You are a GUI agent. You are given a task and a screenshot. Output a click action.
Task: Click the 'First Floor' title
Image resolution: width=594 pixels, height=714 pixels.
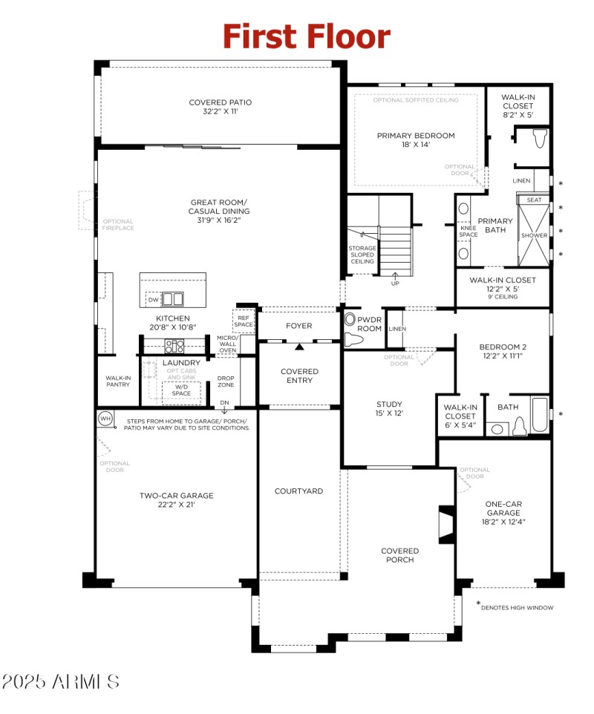pyautogui.click(x=306, y=36)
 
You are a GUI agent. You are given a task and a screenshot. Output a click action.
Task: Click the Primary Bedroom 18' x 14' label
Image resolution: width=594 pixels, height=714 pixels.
pyautogui.click(x=416, y=140)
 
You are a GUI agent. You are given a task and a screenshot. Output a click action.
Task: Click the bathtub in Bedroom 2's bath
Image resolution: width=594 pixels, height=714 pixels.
pyautogui.click(x=540, y=414)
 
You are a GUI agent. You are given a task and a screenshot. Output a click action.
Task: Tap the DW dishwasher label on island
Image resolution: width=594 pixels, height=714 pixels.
pyautogui.click(x=153, y=300)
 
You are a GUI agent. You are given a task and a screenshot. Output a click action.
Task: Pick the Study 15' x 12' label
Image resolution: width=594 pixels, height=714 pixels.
pyautogui.click(x=389, y=409)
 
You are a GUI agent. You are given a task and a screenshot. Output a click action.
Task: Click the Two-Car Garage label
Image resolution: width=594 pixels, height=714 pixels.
pyautogui.click(x=177, y=500)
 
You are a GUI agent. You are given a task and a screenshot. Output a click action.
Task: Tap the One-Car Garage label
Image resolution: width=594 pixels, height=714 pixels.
pyautogui.click(x=503, y=512)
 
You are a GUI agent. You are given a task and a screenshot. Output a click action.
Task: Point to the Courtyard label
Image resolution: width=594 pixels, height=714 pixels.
pyautogui.click(x=298, y=491)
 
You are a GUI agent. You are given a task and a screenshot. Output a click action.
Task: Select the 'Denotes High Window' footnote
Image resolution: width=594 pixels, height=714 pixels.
pyautogui.click(x=517, y=607)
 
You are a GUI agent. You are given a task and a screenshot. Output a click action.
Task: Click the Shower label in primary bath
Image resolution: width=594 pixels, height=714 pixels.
pyautogui.click(x=534, y=236)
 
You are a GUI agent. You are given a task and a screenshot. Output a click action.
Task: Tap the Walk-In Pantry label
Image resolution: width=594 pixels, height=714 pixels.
pyautogui.click(x=118, y=381)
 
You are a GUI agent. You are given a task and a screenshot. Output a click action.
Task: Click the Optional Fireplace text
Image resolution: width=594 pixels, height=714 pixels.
pyautogui.click(x=118, y=225)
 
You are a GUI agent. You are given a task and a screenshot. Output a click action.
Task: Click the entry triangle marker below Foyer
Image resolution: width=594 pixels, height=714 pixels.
pyautogui.click(x=299, y=346)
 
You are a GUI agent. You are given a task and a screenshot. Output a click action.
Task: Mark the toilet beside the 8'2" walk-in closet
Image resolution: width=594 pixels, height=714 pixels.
pyautogui.click(x=540, y=138)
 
